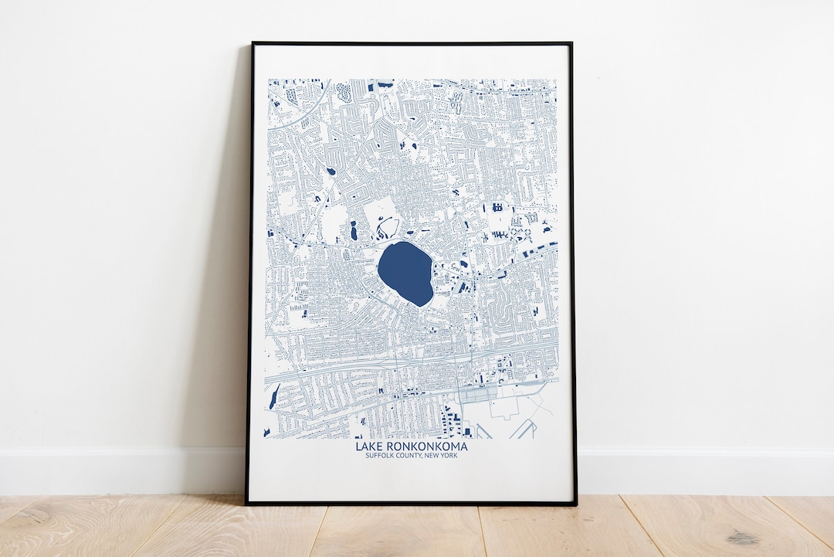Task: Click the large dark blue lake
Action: click(405, 273)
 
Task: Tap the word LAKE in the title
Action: click(368, 446)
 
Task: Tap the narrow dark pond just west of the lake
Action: click(353, 230)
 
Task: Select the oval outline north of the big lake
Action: click(388, 228)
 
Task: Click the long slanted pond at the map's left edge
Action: click(274, 398)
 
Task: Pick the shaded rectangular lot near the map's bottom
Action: click(479, 396)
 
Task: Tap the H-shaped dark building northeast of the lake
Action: click(497, 207)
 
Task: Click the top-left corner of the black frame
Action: click(252, 43)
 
